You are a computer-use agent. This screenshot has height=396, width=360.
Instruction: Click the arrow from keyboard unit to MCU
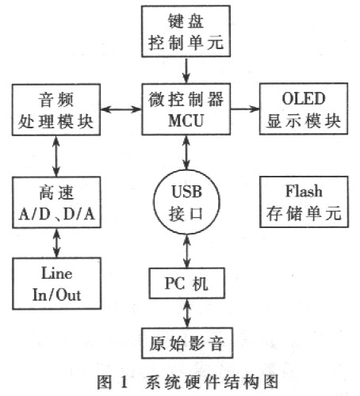(x=186, y=70)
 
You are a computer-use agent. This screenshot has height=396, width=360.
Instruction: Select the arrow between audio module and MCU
(x=121, y=109)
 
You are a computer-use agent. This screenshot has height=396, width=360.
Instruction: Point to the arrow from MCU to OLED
(x=245, y=109)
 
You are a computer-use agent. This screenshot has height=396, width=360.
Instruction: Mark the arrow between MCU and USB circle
(x=186, y=152)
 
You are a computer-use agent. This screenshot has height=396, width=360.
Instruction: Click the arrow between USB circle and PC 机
(x=187, y=251)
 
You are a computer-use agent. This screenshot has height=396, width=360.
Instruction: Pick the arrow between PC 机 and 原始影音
(x=187, y=314)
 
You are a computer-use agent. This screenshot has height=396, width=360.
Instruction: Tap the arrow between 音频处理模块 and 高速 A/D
(x=56, y=156)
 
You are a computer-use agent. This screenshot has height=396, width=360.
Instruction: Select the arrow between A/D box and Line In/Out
(x=56, y=243)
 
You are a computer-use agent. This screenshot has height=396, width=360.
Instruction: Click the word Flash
(x=304, y=191)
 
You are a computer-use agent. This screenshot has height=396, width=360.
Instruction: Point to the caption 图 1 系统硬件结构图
(x=188, y=382)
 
